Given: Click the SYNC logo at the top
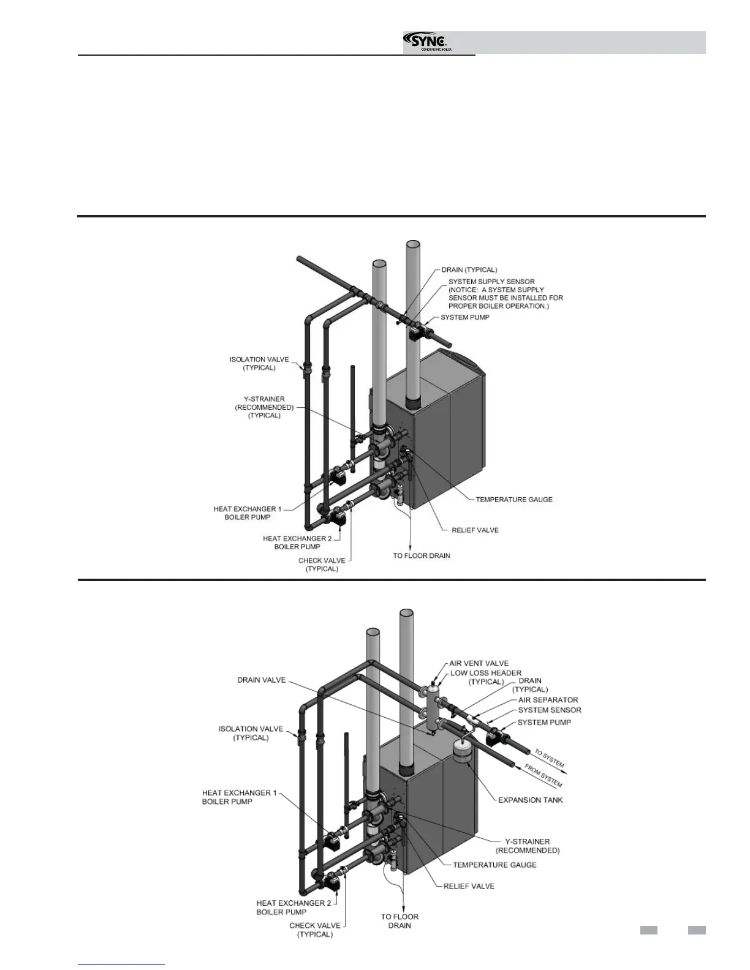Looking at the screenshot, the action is point(429,42).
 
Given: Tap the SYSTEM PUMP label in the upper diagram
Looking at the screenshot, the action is point(465,317).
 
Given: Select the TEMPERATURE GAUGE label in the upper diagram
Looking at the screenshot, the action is point(514,499).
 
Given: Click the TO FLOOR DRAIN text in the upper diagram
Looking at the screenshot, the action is point(422,555).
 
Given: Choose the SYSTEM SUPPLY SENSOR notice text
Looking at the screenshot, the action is point(506,294).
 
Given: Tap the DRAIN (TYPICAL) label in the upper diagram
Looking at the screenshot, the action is point(469,269).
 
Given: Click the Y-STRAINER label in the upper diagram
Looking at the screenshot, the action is point(264,407).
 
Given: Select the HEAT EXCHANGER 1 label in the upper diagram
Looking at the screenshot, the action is point(248,513).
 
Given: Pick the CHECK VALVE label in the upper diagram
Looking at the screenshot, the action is point(322,564).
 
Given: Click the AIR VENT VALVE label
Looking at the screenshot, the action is point(479,663).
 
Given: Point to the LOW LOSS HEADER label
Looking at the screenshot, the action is point(486,677).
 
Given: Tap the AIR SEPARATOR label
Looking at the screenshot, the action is point(548,699).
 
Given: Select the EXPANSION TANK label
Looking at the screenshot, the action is point(530,800).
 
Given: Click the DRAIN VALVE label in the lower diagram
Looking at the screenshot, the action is point(262,680).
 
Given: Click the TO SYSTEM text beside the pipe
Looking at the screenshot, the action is point(549,758).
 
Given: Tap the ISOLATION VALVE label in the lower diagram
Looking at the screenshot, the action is point(251,733).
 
